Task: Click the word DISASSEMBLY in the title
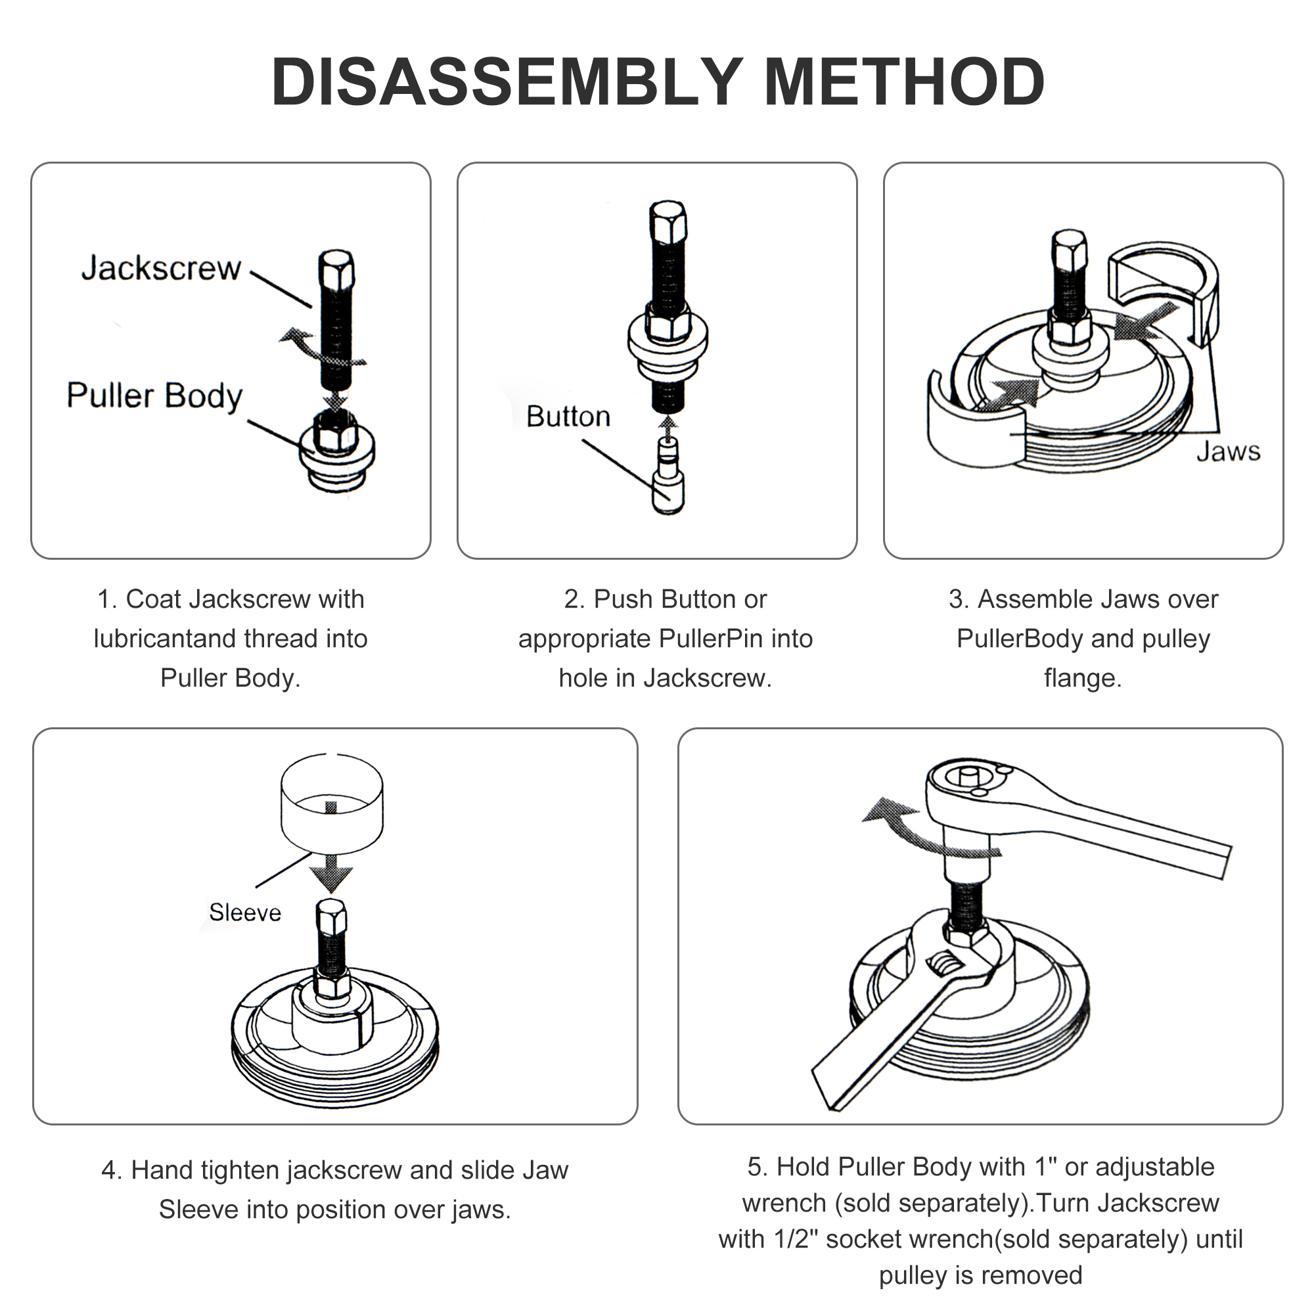click(507, 82)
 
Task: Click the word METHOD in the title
click(904, 82)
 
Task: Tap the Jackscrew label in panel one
click(161, 268)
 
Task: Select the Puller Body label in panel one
click(154, 396)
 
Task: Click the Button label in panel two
click(568, 417)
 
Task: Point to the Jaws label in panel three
click(1228, 451)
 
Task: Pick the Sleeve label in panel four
click(245, 912)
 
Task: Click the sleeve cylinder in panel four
click(331, 803)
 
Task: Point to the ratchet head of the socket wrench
click(969, 782)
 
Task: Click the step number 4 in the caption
click(110, 1170)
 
